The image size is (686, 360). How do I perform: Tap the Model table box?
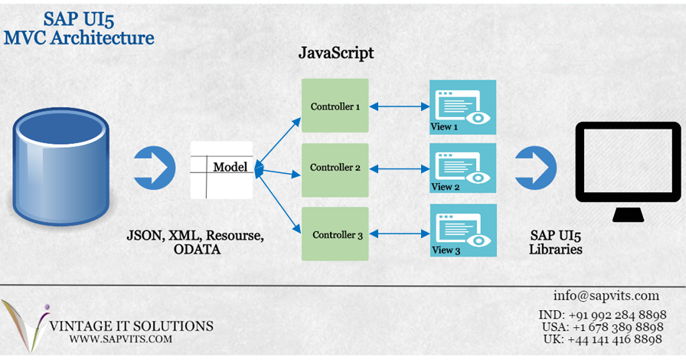220,169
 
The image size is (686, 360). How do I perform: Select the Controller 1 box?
335,106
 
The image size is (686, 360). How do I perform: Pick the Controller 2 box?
335,169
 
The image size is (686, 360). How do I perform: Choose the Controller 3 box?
335,234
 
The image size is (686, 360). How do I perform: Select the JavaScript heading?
335,55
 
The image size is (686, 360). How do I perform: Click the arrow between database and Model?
154,166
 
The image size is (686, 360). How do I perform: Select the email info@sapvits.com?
606,296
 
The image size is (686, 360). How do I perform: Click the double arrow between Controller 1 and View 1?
399,106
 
